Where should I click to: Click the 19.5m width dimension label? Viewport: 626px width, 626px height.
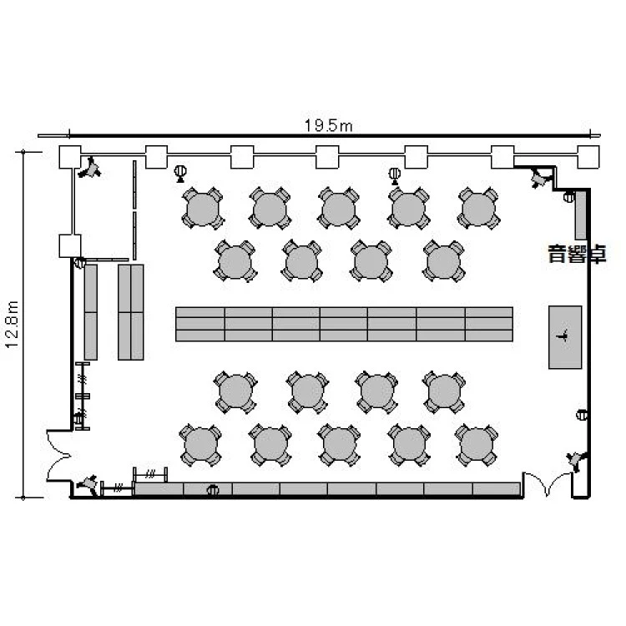[329, 126]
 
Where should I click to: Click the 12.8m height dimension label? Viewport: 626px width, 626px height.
[12, 325]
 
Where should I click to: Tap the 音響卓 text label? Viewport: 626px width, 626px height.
[578, 254]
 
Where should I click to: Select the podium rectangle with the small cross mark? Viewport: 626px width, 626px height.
[565, 337]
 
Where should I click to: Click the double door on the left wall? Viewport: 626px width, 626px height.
[59, 456]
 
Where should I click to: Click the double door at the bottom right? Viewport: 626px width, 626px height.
[548, 484]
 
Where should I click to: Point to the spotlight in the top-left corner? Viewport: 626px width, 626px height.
[90, 169]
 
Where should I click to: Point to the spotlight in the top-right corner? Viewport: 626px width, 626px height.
[540, 178]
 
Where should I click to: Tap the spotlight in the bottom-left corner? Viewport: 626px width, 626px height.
[88, 484]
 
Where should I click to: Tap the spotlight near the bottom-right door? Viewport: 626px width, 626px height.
[576, 460]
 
